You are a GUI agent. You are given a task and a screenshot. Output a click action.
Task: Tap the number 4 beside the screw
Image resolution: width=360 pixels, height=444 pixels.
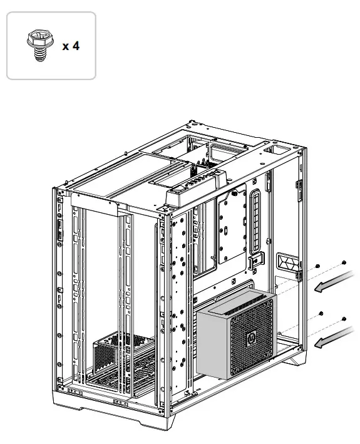[76, 47]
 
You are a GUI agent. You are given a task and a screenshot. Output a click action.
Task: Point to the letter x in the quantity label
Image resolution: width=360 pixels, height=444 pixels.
[65, 48]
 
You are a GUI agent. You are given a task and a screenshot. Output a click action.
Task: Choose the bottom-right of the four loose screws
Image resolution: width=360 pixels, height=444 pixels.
[345, 319]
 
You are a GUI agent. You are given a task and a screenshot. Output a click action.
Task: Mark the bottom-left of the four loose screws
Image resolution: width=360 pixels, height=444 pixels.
[321, 312]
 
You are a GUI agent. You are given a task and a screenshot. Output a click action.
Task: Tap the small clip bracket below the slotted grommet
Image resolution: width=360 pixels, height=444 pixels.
[254, 259]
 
